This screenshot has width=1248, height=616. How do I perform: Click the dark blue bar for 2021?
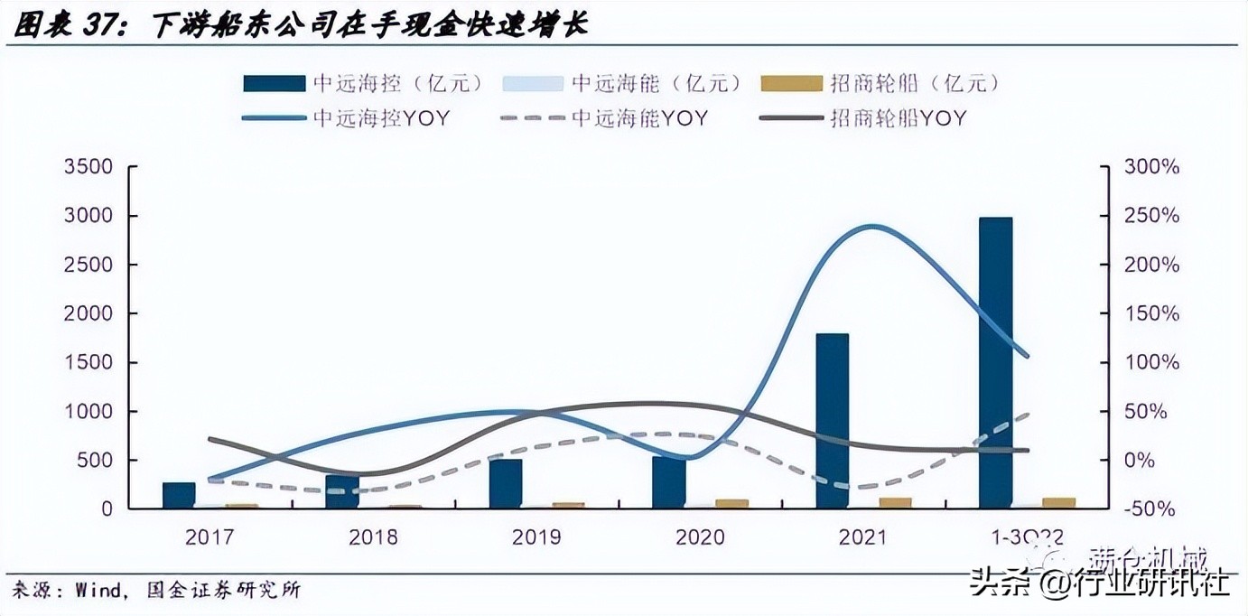[832, 420]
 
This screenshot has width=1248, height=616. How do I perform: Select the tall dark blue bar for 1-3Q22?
[995, 362]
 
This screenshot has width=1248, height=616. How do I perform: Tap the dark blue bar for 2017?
[179, 495]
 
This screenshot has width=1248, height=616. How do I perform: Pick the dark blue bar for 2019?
[505, 483]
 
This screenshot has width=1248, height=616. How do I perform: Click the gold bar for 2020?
[731, 503]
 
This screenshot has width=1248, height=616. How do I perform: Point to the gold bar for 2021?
[895, 502]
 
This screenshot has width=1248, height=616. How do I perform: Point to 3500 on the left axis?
[88, 167]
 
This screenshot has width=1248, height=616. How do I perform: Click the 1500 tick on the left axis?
[88, 362]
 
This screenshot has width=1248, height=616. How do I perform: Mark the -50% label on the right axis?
[1150, 509]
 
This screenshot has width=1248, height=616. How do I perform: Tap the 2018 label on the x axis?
[373, 537]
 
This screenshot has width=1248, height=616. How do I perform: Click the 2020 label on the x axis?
[700, 537]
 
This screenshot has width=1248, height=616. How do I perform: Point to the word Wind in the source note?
[92, 591]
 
